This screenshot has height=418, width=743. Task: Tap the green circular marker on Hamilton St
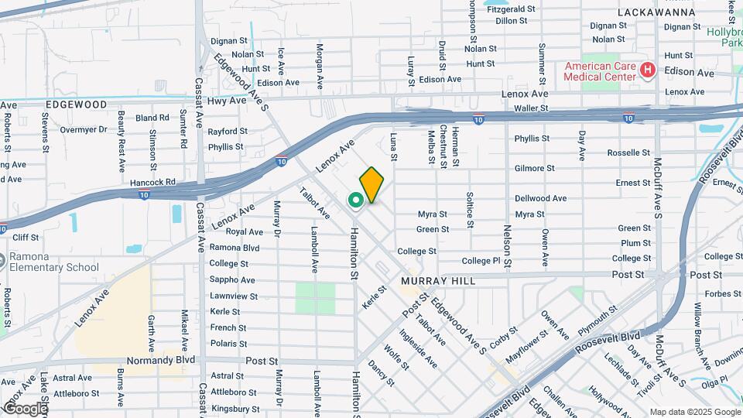point(356,201)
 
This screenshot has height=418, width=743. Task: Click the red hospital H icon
point(648,72)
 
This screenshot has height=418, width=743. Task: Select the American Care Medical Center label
point(600,71)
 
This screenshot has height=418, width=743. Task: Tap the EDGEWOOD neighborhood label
point(76,104)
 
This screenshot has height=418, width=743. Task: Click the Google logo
point(25,408)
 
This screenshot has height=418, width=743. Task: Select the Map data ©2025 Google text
point(694,411)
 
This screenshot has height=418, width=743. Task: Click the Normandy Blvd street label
point(165,360)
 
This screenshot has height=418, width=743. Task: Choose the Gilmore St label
point(534,168)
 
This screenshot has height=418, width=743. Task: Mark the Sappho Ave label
point(232,280)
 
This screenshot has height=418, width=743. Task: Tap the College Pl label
point(481,261)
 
